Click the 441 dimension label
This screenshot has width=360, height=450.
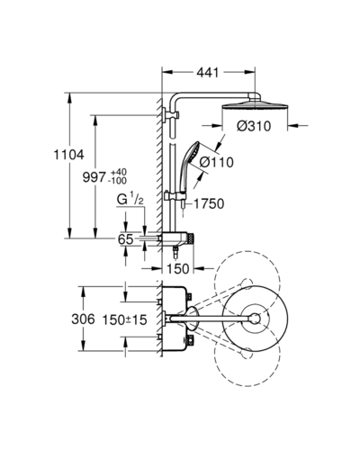208,72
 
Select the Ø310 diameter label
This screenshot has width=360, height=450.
254,126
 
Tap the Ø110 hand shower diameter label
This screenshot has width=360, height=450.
217,162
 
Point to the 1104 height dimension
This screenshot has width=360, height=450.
68,155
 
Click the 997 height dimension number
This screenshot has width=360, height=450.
94,177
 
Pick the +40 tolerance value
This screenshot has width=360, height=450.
119,173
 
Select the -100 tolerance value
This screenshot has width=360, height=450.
119,181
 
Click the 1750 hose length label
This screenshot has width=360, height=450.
209,203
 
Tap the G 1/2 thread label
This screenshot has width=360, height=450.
130,200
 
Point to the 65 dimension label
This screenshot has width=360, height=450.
125,239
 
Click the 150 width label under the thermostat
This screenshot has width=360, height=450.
177,268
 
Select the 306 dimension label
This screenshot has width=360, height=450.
83,319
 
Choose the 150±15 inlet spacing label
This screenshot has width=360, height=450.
125,319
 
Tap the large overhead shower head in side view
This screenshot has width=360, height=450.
255,105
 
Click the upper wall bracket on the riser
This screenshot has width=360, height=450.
170,115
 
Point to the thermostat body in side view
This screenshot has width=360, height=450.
177,238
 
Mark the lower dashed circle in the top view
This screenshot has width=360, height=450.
247,354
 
